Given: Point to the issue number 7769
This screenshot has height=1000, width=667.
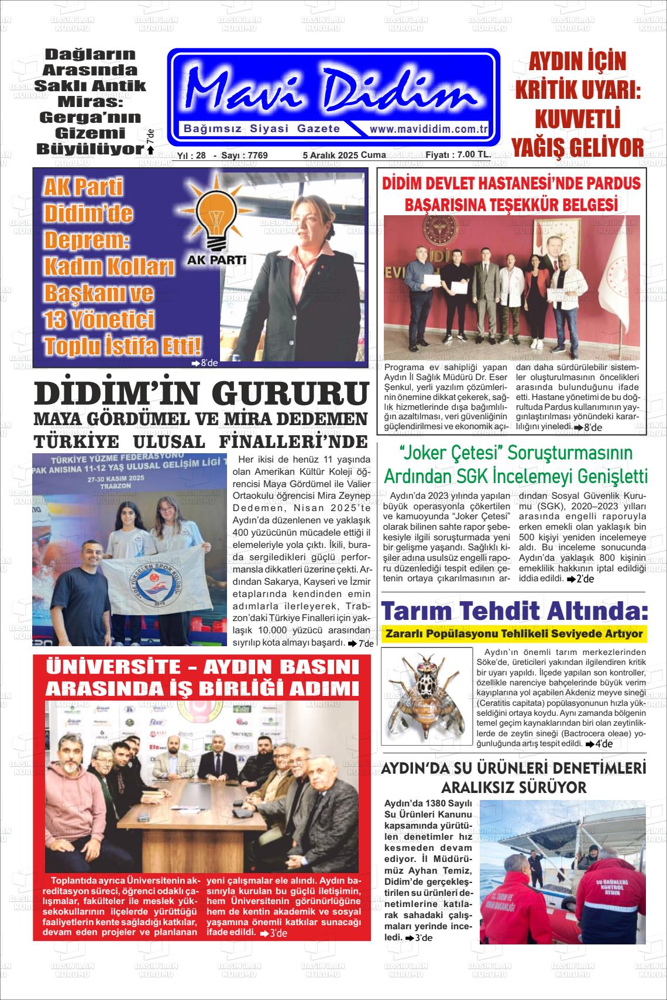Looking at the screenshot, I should click(x=258, y=156).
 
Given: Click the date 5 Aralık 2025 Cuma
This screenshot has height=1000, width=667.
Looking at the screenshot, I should click(x=344, y=156).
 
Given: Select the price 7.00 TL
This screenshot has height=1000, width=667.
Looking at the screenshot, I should click(x=466, y=155).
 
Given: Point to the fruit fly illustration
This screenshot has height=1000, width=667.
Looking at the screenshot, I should click(x=425, y=696).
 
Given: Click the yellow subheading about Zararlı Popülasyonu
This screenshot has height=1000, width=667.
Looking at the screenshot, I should click(x=513, y=634).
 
